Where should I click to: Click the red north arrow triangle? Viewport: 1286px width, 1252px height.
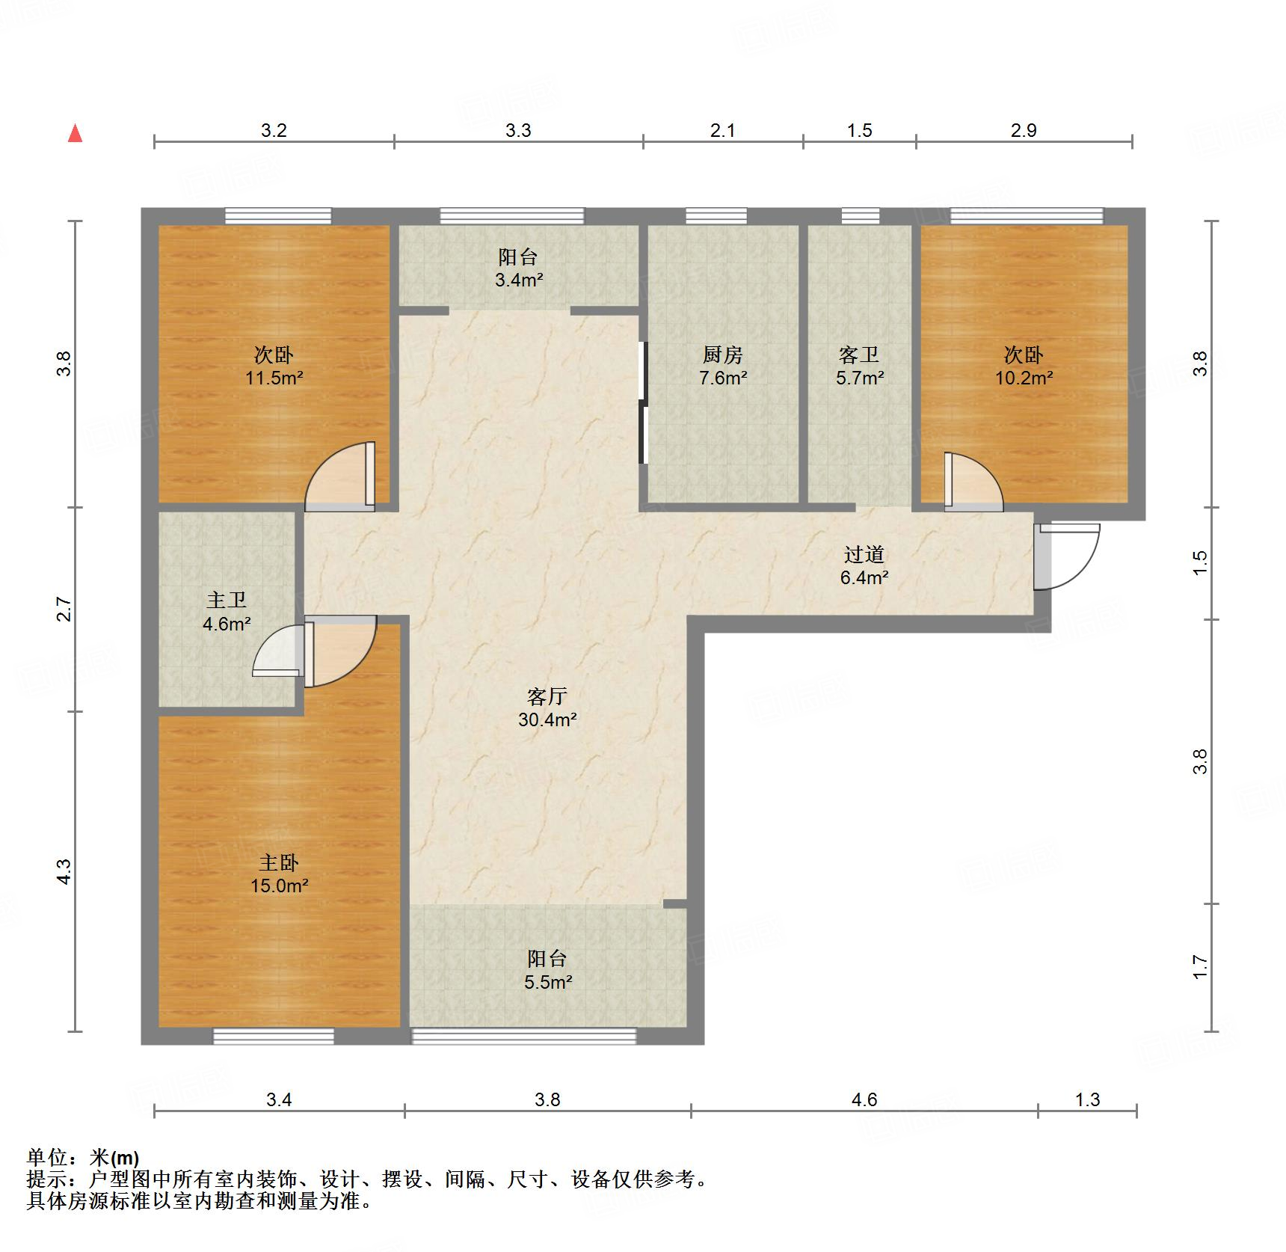[75, 134]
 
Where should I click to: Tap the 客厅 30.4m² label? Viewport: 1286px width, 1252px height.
[547, 708]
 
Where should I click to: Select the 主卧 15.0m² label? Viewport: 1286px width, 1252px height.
[280, 874]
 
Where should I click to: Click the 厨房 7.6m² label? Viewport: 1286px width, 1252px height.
[722, 366]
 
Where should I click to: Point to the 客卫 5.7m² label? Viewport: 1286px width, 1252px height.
[859, 366]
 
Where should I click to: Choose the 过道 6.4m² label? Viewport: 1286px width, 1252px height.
[864, 565]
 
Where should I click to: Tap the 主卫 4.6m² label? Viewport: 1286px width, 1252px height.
[227, 611]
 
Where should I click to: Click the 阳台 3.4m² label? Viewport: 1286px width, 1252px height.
[518, 268]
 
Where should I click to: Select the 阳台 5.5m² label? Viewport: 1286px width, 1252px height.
[547, 969]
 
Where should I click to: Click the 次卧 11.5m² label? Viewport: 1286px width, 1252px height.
[274, 366]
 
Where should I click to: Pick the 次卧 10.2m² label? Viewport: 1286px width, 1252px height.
[1024, 366]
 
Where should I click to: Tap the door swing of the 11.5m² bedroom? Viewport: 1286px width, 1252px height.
[341, 479]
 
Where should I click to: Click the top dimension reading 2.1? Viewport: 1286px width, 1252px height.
[722, 130]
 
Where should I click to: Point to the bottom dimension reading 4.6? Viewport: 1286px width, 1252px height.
[864, 1099]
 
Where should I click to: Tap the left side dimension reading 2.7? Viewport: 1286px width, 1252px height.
[65, 609]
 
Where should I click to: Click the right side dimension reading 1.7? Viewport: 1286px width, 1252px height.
[1200, 966]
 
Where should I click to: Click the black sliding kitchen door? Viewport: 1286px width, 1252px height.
[642, 404]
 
